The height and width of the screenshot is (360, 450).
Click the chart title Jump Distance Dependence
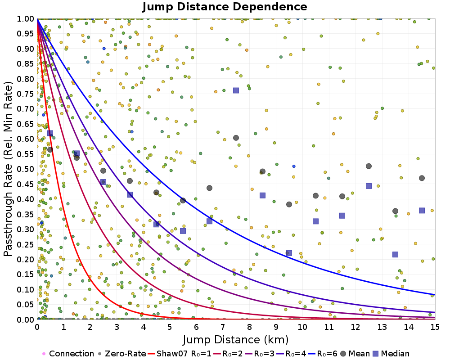tap(225, 7)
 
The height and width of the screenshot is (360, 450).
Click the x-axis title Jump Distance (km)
tap(236, 338)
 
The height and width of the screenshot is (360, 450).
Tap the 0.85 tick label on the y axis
tap(26, 64)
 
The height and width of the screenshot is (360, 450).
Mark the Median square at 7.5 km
tap(236, 90)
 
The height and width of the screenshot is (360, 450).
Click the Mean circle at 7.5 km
tap(236, 138)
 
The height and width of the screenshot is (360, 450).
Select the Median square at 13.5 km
tap(395, 254)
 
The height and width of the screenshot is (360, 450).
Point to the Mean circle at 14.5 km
tap(422, 178)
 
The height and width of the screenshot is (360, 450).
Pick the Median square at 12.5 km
tap(369, 186)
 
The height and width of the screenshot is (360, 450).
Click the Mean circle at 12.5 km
tap(369, 166)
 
